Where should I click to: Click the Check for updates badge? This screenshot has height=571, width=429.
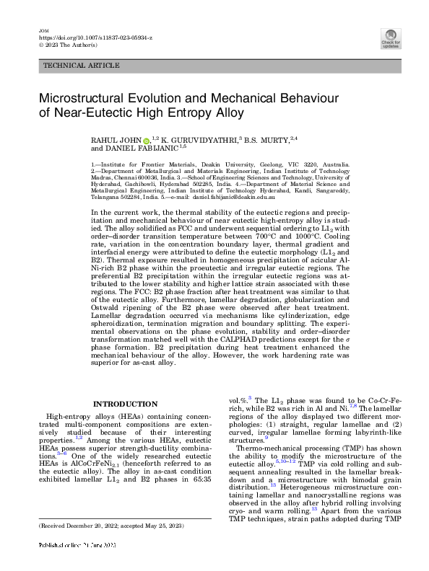point(391,38)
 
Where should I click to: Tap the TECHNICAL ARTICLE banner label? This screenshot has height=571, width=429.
point(82,66)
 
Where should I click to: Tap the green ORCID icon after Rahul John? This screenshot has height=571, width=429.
point(145,138)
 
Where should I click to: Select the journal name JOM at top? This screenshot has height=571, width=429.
point(43,28)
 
